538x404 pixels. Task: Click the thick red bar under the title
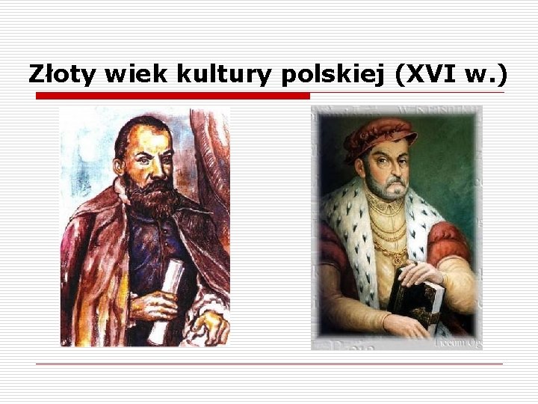click(173, 96)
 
